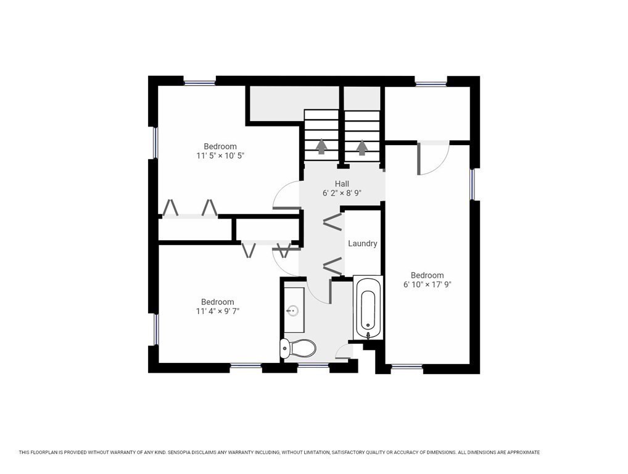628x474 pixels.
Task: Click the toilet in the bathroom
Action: (298, 348)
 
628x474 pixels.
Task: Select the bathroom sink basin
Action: (294, 310)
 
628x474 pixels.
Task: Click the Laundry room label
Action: (362, 244)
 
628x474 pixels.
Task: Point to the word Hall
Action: (342, 184)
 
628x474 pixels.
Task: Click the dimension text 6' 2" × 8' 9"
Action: (342, 193)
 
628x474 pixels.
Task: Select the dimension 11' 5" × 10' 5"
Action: (221, 156)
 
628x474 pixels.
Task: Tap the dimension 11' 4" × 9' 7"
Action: (217, 312)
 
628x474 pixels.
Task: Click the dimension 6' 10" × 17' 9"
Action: (427, 285)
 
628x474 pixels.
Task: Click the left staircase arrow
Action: (321, 147)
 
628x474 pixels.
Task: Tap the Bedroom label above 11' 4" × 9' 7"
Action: (217, 302)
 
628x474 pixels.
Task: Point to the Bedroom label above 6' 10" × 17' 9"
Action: (427, 275)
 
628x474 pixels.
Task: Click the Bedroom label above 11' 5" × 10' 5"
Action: (221, 147)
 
